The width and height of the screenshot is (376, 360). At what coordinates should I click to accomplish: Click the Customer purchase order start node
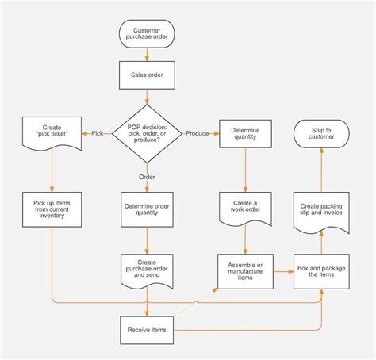(147, 34)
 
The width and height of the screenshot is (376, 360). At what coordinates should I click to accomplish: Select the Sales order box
(147, 75)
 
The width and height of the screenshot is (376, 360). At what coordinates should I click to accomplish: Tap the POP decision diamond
(147, 133)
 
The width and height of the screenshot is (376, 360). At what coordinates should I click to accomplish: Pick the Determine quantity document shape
(245, 134)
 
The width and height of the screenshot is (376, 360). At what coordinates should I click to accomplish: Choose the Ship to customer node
(321, 132)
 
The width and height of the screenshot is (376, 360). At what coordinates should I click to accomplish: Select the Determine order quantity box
(147, 209)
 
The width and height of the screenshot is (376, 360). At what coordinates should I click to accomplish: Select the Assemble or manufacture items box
(245, 272)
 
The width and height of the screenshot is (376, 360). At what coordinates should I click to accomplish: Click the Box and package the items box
(321, 272)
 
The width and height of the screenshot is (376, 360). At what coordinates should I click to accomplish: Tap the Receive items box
(147, 330)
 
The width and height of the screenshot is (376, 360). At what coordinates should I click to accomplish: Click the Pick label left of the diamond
(97, 133)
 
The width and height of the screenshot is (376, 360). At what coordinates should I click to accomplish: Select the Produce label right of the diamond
(198, 133)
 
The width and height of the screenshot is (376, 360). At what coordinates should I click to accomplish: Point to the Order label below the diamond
(147, 178)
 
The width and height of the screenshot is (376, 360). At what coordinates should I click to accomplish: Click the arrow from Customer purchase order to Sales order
(147, 55)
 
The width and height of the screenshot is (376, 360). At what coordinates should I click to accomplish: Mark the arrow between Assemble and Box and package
(283, 272)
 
